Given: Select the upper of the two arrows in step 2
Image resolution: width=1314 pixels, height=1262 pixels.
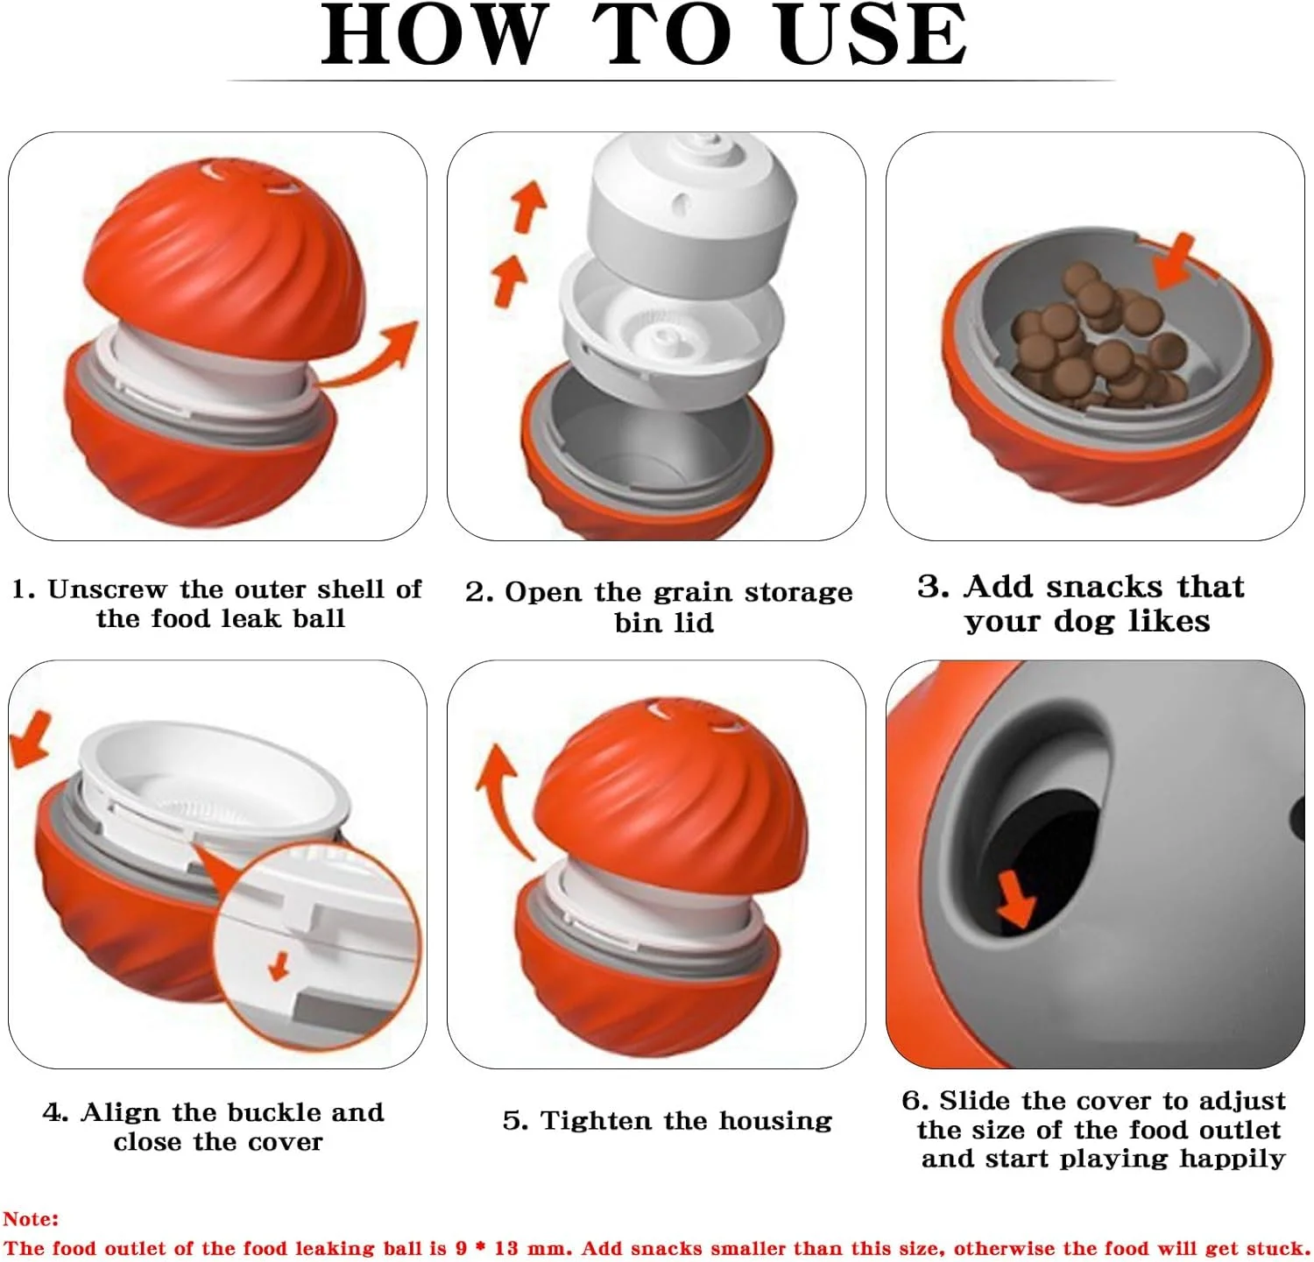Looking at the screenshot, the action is coord(527,206).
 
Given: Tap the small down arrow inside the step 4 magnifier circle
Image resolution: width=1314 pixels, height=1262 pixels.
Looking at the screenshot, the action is coord(279,966).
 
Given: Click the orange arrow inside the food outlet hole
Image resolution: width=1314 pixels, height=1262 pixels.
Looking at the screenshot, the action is coord(1017,899).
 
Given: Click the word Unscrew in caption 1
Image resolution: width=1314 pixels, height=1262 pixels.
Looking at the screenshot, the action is coord(107,589).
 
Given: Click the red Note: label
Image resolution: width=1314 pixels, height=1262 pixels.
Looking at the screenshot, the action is coord(31,1218).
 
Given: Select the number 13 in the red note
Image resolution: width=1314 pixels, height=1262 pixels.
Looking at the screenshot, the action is coord(506,1247).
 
